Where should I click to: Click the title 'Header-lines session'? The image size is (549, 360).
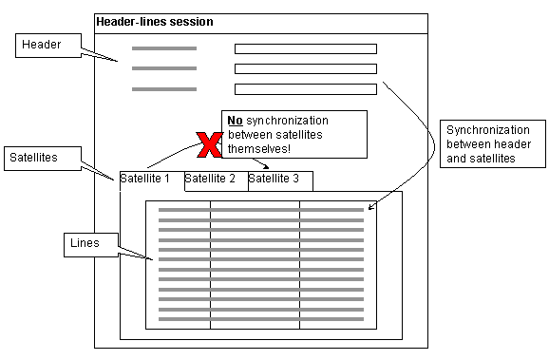[155, 21]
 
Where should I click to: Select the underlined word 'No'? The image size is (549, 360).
[234, 122]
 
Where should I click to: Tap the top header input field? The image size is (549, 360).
[305, 48]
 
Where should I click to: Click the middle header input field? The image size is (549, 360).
[305, 68]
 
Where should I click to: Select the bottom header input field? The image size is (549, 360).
[305, 89]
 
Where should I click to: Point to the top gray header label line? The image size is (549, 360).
[164, 48]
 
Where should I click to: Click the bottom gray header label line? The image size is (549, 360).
[164, 89]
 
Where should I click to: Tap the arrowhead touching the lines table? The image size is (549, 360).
[371, 206]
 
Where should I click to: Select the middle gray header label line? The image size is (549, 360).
[164, 68]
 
